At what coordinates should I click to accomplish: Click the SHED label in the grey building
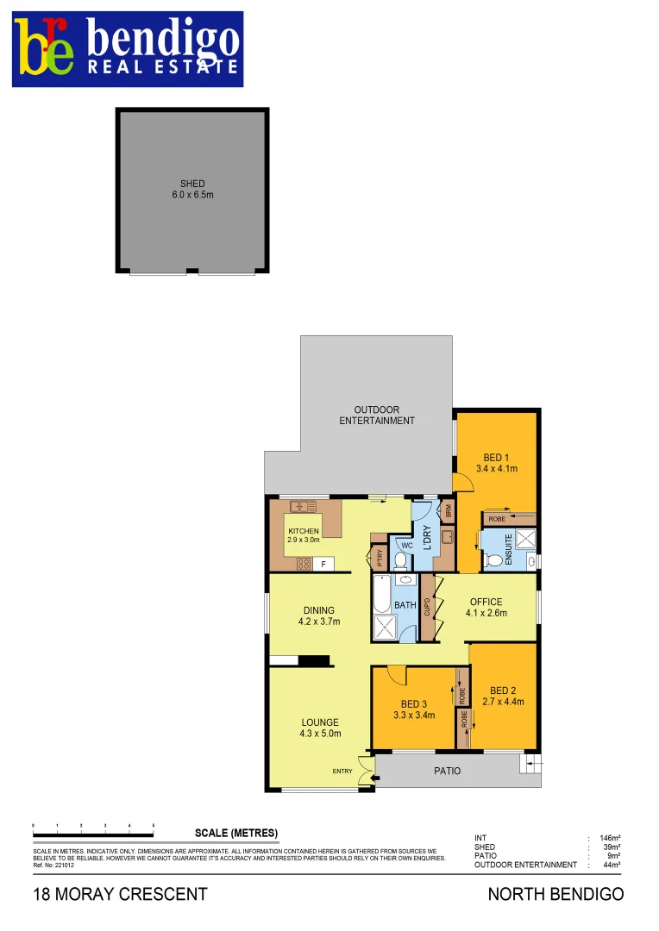click(192, 184)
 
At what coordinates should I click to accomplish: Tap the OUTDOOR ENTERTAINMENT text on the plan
click(376, 415)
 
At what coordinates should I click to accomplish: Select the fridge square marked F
click(324, 564)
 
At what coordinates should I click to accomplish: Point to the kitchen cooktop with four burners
click(304, 564)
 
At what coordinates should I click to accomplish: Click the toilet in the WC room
click(401, 559)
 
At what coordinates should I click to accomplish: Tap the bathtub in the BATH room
click(382, 594)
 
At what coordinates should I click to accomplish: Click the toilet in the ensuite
click(494, 560)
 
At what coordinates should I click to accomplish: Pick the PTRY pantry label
click(380, 557)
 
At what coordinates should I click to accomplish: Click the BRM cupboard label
click(448, 510)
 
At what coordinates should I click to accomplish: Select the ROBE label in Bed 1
click(497, 519)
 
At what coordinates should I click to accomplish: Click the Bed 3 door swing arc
click(396, 675)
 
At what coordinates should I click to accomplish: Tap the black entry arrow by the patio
click(373, 779)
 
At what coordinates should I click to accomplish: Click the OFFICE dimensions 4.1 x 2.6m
click(486, 614)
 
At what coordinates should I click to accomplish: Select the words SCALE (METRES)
click(236, 833)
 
